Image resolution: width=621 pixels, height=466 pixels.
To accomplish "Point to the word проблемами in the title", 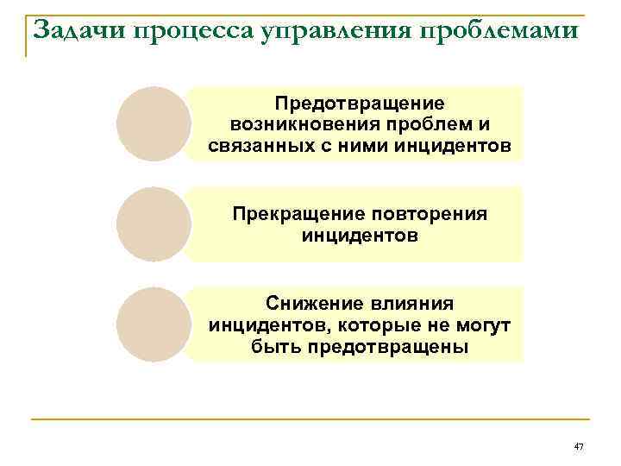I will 505,31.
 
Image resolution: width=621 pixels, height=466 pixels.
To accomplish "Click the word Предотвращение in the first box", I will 360,103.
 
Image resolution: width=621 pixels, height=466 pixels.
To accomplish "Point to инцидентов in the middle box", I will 360,235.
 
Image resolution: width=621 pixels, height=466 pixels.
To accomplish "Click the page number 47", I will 579,446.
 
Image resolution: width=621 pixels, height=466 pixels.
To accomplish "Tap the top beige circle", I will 154,124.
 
